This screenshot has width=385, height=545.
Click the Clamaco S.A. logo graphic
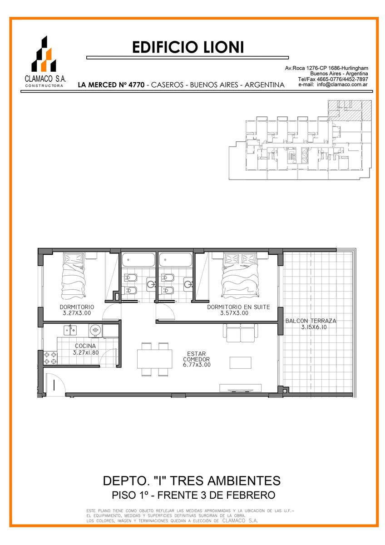pyautogui.click(x=44, y=54)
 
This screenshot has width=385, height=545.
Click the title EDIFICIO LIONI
pyautogui.click(x=188, y=47)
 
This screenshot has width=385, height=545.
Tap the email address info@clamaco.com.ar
pyautogui.click(x=342, y=84)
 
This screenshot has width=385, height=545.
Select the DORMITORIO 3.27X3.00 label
pyautogui.click(x=77, y=310)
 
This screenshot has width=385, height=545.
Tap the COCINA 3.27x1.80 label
pyautogui.click(x=86, y=349)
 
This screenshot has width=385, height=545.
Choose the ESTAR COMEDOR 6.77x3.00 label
pyautogui.click(x=197, y=359)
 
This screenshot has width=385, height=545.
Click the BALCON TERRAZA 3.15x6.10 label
pyautogui.click(x=311, y=324)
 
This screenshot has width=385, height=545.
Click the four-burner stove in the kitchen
pyautogui.click(x=50, y=358)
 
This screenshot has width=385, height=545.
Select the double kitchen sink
pyautogui.click(x=70, y=330)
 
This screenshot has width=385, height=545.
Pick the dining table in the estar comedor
pyautogui.click(x=155, y=359)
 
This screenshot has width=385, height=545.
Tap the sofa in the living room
pyautogui.click(x=241, y=333)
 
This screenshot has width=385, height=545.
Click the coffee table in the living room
pyautogui.click(x=241, y=363)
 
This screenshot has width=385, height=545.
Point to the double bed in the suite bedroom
pyautogui.click(x=240, y=275)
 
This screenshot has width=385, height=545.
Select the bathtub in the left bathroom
pyautogui.click(x=138, y=260)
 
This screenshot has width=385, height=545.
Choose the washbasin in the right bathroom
pyautogui.click(x=188, y=284)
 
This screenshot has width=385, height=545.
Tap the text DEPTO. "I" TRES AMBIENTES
pyautogui.click(x=192, y=481)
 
